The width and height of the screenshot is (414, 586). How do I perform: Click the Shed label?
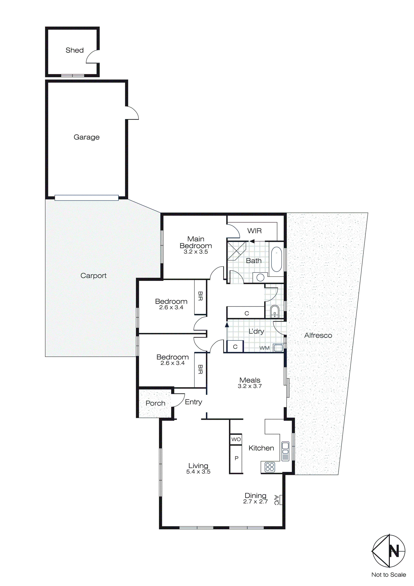coord(74,50)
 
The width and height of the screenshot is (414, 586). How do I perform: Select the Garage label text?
coord(86,137)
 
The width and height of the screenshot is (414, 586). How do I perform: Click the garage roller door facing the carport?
coord(86,198)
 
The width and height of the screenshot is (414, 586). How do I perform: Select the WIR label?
coord(254,231)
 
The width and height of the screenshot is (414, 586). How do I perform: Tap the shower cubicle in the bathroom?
coord(236,251)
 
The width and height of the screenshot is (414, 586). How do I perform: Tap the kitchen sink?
coord(285,451)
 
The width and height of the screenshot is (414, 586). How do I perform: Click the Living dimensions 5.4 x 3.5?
coord(198,472)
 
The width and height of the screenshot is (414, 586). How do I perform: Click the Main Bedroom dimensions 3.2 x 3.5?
coord(196,252)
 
